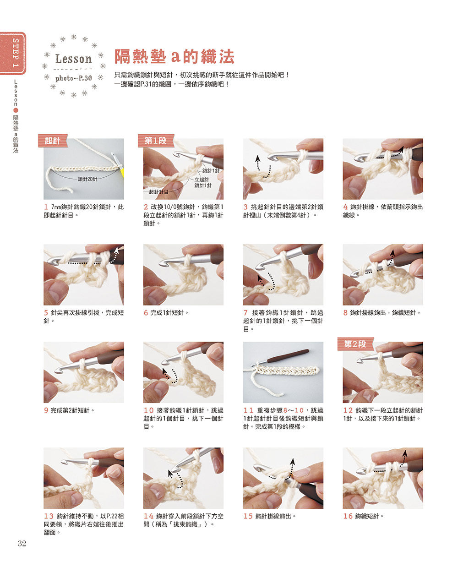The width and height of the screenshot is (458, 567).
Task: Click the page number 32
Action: tap(22, 543)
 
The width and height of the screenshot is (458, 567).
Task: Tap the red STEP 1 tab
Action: tap(13, 53)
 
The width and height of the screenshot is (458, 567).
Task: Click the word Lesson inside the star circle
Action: tap(73, 59)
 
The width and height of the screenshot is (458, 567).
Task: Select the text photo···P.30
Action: tap(73, 78)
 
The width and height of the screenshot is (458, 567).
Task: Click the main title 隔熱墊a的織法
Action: tap(174, 56)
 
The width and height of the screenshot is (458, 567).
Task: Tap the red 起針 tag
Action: tap(52, 141)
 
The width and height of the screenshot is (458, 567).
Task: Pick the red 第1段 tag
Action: tap(156, 141)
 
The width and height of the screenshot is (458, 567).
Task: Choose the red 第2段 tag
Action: tap(355, 344)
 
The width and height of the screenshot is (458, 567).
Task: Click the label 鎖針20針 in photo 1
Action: tap(87, 179)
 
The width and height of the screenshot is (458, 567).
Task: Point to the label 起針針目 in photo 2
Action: tap(158, 191)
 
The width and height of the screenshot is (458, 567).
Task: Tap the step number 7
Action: tap(245, 312)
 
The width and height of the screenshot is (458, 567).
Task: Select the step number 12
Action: tap(348, 410)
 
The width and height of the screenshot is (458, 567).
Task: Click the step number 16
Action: tap(348, 516)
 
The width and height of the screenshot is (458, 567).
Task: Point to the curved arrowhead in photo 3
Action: tap(257, 159)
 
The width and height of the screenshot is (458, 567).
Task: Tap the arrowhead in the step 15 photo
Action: tap(292, 462)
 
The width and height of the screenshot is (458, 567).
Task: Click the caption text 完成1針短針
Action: tap(167, 312)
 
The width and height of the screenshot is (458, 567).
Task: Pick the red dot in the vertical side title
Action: tap(16, 110)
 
